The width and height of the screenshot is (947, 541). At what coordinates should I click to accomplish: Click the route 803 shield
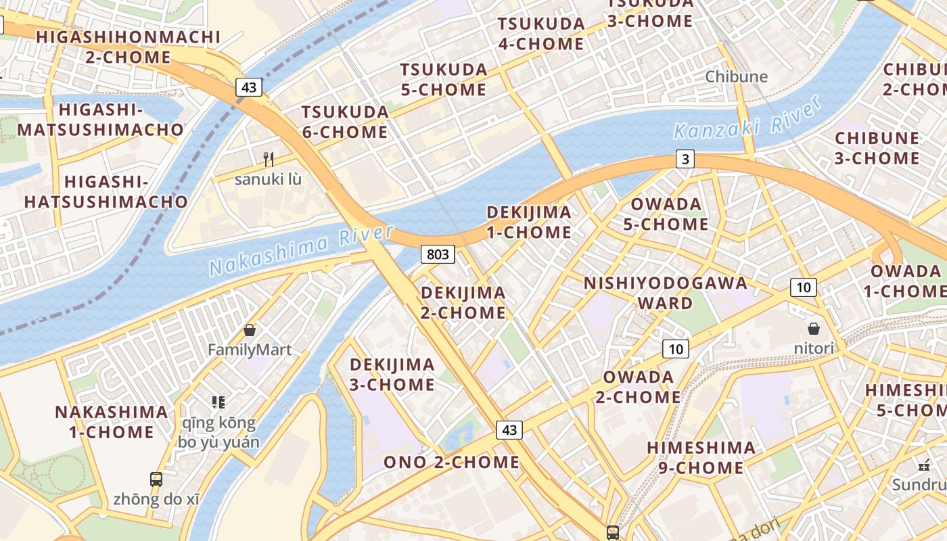(x=438, y=254)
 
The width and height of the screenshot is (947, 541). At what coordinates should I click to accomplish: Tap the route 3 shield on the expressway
(x=685, y=160)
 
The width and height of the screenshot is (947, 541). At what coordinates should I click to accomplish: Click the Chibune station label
(x=736, y=76)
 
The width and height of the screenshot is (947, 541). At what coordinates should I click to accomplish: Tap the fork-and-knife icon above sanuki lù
(x=269, y=160)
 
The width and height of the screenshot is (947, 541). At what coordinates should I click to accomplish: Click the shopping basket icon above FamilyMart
(x=250, y=330)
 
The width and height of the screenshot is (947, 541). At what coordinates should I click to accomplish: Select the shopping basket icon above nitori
(x=814, y=329)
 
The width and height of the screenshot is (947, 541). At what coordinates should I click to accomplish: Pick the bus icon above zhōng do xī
(x=156, y=479)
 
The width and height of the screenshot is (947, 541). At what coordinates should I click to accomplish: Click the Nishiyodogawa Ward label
(x=666, y=292)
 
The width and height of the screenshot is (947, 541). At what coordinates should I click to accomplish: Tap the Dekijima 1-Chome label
(x=529, y=222)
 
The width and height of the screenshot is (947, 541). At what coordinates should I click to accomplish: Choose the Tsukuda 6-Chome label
(x=345, y=122)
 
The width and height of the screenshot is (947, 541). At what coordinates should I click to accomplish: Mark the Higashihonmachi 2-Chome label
(x=128, y=47)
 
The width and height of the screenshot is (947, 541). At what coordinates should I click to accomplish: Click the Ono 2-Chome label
(x=451, y=463)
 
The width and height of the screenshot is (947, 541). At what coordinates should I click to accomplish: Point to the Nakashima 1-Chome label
(x=112, y=421)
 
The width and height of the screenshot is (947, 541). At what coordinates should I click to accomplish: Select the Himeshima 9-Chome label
(x=701, y=457)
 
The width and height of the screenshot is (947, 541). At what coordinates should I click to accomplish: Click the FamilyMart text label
(x=250, y=350)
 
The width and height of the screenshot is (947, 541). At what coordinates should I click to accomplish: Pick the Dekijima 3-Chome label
(x=392, y=374)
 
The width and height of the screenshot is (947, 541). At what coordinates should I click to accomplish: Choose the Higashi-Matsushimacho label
(x=100, y=119)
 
